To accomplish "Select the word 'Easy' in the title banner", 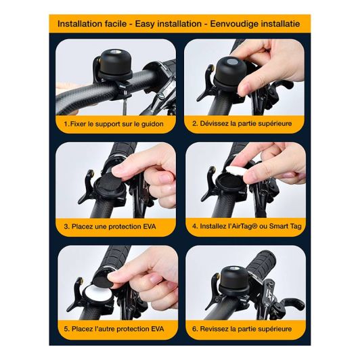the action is click(145, 24).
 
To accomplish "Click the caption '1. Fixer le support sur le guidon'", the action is click(114, 125).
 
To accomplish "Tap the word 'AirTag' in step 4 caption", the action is click(242, 227).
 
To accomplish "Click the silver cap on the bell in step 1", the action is click(114, 53).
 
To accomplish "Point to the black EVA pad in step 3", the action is click(108, 182).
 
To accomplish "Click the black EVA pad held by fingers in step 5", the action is click(106, 279).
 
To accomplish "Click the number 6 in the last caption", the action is click(194, 329).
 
